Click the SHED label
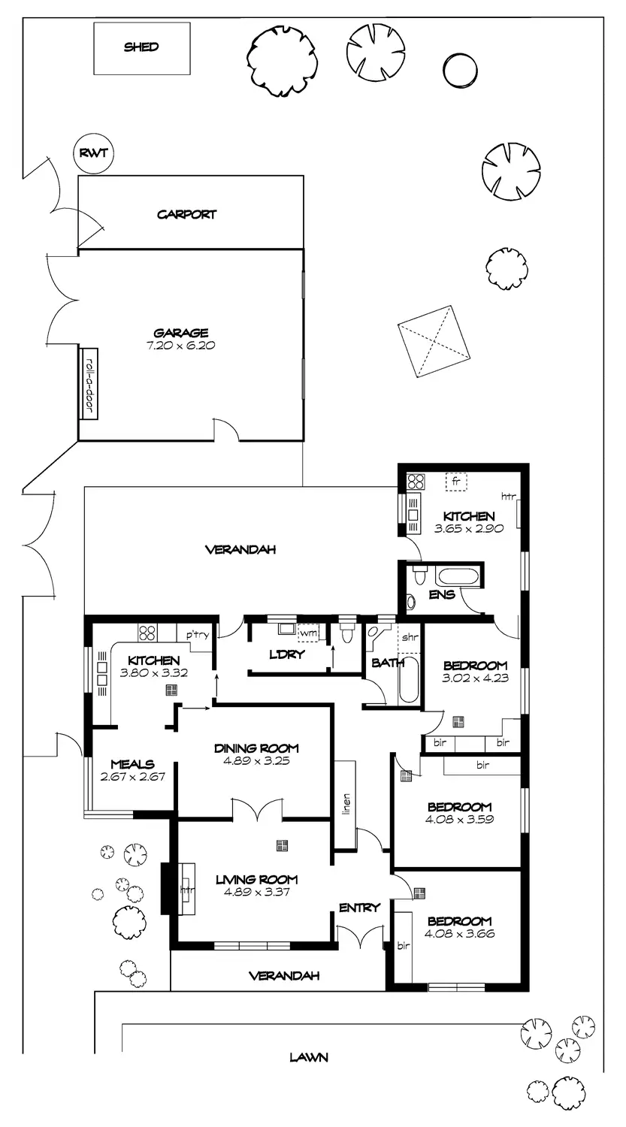(x=141, y=47)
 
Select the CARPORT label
(x=186, y=214)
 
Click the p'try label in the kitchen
(x=197, y=636)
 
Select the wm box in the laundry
(x=308, y=633)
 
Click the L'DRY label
(x=287, y=654)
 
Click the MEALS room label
(x=132, y=764)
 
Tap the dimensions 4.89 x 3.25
(x=256, y=760)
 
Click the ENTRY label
(x=359, y=908)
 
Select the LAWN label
(x=309, y=1057)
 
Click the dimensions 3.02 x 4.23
(x=475, y=678)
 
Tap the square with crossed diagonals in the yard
(x=432, y=340)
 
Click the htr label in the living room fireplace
(x=185, y=891)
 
